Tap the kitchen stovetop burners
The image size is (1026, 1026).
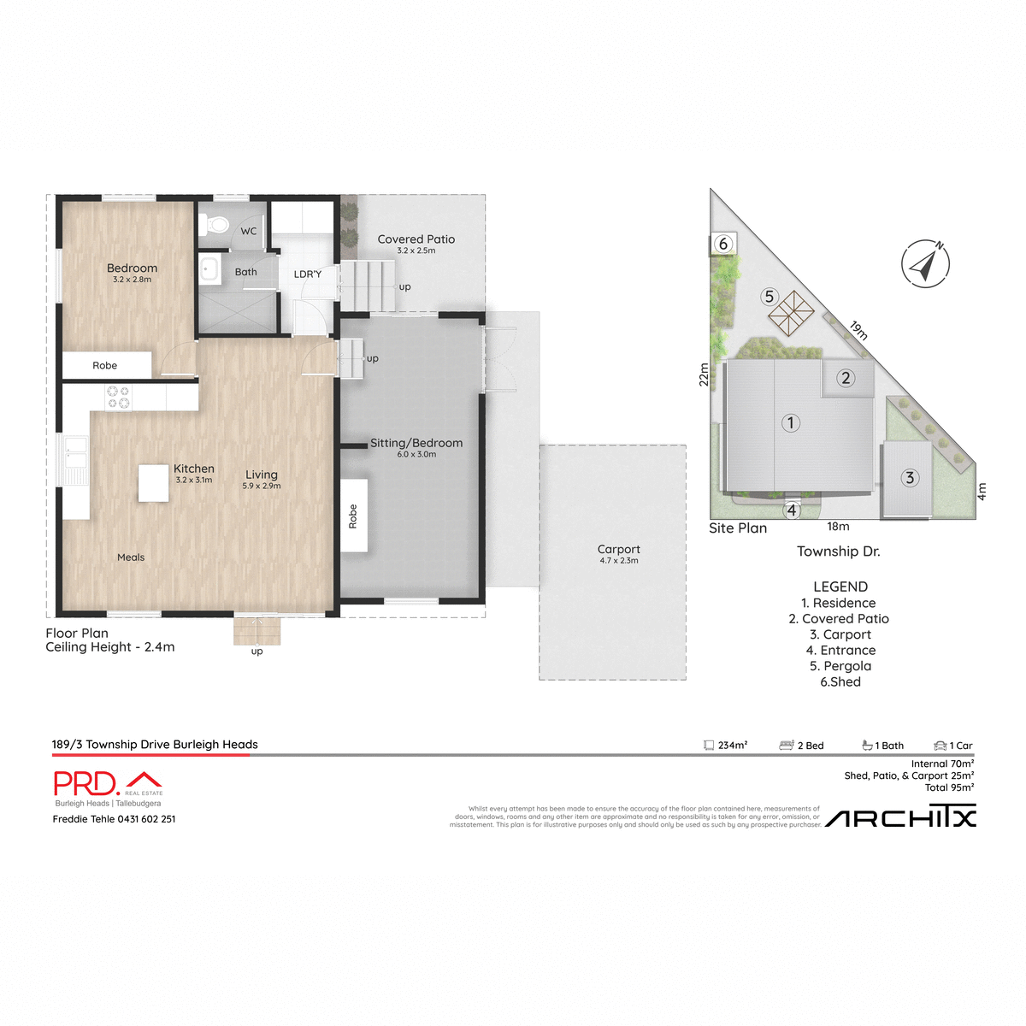[x=118, y=397]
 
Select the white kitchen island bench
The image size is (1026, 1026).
[x=154, y=483]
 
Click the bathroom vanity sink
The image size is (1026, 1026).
[x=209, y=270]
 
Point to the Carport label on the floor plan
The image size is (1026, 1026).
[x=619, y=550]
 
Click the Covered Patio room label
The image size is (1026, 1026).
[x=416, y=239]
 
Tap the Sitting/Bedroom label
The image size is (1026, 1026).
[x=416, y=443]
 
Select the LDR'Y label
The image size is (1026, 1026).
[x=308, y=274]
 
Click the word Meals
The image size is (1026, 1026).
[x=131, y=557]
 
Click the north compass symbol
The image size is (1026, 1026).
[x=925, y=263]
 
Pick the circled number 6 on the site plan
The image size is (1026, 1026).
[x=723, y=245]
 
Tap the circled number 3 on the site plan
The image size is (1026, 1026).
[x=910, y=478]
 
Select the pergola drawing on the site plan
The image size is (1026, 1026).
[x=791, y=314]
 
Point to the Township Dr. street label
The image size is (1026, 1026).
[x=838, y=551]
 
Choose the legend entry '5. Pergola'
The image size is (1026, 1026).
[x=840, y=666]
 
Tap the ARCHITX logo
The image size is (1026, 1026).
[x=900, y=818]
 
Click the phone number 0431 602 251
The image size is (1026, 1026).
[x=146, y=819]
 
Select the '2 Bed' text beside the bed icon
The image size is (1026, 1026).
[x=811, y=746]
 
